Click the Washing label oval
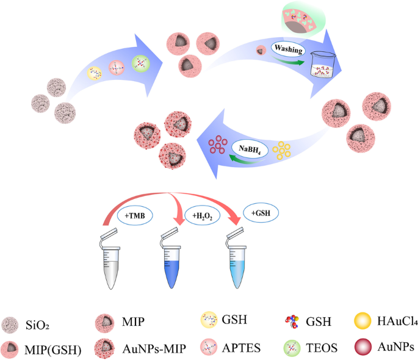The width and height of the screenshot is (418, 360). tap(288, 49)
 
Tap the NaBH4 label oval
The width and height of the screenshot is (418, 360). tap(250, 149)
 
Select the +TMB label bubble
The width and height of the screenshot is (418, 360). tap(135, 215)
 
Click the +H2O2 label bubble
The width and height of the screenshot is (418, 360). tap(203, 215)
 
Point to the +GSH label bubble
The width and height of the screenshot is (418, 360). tap(261, 213)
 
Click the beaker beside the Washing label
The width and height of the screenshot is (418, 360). tap(323, 65)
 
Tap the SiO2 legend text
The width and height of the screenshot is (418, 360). tap(37, 325)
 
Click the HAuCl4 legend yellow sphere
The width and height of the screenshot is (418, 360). tap(362, 321)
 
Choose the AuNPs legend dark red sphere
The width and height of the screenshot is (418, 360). tap(363, 347)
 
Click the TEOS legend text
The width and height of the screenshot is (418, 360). tap(322, 348)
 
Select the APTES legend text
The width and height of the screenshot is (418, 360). tap(241, 348)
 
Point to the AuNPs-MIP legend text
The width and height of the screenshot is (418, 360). tap(154, 349)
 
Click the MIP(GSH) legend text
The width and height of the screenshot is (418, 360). tap(52, 350)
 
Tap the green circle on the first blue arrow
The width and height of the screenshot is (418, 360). tap(141, 63)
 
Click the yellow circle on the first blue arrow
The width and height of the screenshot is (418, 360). tap(95, 73)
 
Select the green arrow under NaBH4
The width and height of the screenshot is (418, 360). tap(247, 159)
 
